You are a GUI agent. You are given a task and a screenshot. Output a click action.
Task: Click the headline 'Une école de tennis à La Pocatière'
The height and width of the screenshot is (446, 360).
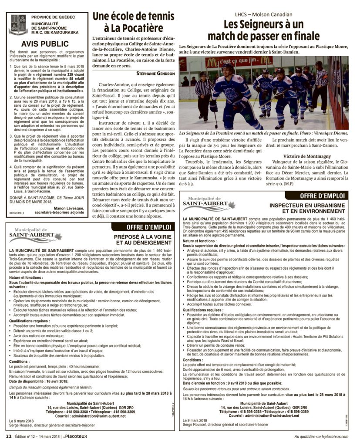pyautogui.click(x=134, y=23)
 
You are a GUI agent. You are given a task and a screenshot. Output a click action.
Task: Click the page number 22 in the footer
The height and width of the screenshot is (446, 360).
pyautogui.click(x=8, y=436)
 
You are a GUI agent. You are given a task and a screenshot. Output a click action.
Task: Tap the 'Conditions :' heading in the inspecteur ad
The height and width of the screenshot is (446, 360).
pyautogui.click(x=192, y=360)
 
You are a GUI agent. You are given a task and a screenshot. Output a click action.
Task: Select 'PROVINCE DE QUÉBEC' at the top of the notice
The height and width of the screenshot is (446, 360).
pyautogui.click(x=53, y=16)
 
